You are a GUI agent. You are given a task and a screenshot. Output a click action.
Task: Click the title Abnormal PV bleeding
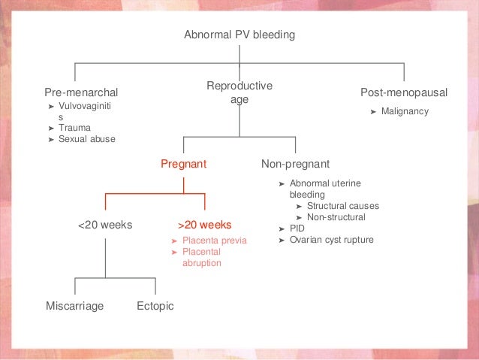click(x=239, y=35)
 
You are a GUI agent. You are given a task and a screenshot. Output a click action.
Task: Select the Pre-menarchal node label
click(x=82, y=92)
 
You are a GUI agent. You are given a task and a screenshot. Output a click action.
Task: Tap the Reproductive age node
click(x=239, y=92)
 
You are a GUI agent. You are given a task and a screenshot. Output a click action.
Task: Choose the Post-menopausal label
click(x=404, y=92)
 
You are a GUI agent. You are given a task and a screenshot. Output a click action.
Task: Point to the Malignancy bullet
click(x=404, y=111)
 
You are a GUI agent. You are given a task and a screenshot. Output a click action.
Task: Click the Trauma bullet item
click(x=74, y=128)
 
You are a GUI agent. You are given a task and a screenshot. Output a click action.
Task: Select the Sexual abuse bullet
click(x=86, y=138)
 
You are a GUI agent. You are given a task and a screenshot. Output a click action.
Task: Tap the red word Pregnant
click(x=184, y=163)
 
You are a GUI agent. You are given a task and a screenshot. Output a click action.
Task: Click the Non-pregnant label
click(x=295, y=163)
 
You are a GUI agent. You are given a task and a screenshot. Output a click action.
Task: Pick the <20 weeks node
click(x=105, y=225)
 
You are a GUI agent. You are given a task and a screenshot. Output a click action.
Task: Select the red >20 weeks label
click(x=204, y=225)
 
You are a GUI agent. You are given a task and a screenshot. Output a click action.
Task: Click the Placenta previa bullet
click(x=213, y=241)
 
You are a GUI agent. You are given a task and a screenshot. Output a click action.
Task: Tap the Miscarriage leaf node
click(x=74, y=306)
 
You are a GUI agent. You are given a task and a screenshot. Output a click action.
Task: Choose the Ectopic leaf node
click(x=155, y=306)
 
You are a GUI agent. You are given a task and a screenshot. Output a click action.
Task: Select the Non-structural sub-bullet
click(x=336, y=217)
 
